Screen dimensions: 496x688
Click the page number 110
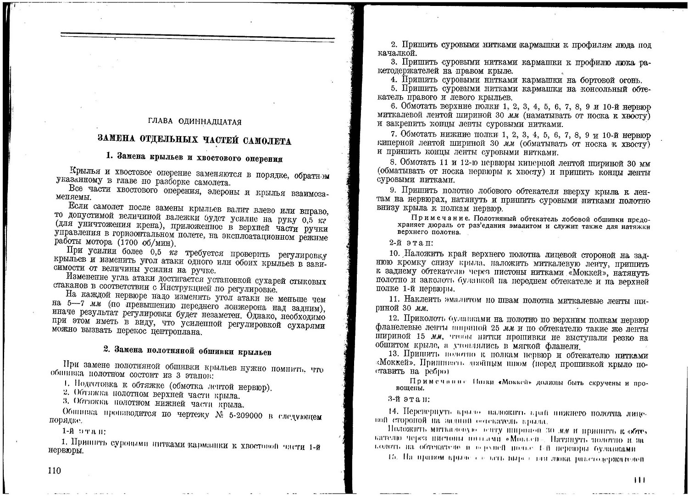(x=55, y=471)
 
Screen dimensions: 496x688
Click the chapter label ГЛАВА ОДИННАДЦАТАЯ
(x=194, y=122)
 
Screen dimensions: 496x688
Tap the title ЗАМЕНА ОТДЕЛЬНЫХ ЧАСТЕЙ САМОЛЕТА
(x=194, y=140)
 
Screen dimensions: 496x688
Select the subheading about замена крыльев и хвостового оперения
(x=194, y=158)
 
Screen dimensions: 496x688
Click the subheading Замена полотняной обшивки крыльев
(x=187, y=352)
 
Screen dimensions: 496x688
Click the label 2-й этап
(x=408, y=243)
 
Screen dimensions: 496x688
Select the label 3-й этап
(x=409, y=399)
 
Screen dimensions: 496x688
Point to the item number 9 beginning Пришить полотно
(x=393, y=190)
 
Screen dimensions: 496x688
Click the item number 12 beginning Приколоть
(x=394, y=319)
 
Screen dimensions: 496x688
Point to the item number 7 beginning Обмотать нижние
(x=393, y=134)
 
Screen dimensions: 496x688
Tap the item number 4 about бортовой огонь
(x=393, y=79)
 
